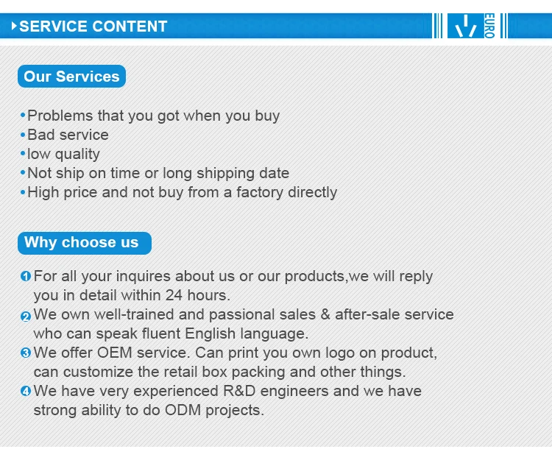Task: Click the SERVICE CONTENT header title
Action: [93, 26]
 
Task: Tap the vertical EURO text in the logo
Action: [489, 26]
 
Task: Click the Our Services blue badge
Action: [72, 76]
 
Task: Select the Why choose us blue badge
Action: [85, 243]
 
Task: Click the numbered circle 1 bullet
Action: [26, 276]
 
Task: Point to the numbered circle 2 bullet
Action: [26, 317]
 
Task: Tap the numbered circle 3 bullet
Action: [26, 353]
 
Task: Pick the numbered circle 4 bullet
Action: [26, 391]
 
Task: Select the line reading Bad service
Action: [68, 135]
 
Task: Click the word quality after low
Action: [77, 155]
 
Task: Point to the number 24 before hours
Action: [174, 295]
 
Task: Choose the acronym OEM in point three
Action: [114, 353]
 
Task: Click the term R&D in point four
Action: [239, 391]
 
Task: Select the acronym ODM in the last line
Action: [183, 410]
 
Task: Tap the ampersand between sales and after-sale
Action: [325, 315]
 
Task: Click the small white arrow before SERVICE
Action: [14, 26]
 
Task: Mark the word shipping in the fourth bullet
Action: [226, 174]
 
